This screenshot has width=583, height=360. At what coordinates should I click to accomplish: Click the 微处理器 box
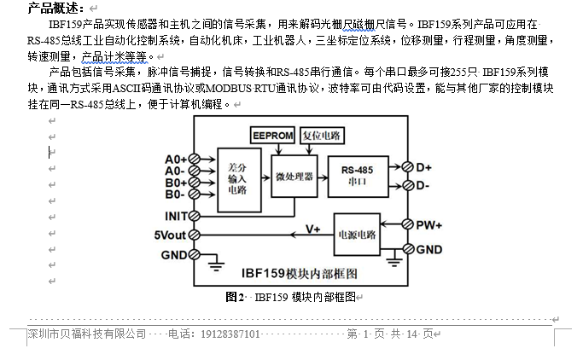(294, 177)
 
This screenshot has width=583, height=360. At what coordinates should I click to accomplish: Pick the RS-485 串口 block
(357, 176)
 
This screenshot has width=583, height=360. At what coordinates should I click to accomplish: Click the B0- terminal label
(175, 195)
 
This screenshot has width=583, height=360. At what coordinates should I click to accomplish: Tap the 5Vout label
(170, 235)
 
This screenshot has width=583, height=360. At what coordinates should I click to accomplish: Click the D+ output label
(423, 166)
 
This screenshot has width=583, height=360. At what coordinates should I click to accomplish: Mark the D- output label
(423, 185)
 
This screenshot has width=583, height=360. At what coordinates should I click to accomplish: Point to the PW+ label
(429, 224)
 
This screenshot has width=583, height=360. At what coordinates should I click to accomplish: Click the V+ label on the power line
(313, 229)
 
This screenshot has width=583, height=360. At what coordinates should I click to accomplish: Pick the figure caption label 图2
(236, 296)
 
